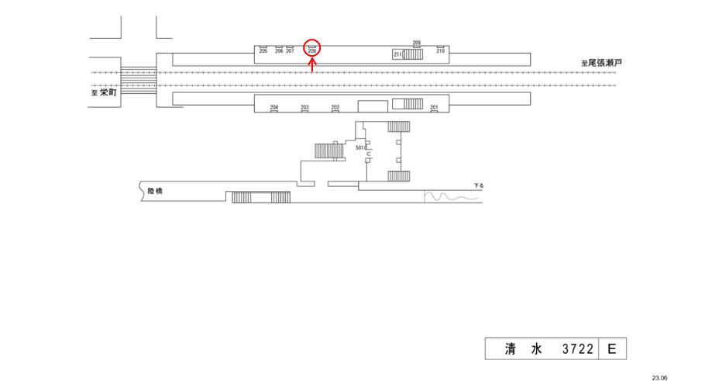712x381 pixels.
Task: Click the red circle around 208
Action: [x=312, y=48]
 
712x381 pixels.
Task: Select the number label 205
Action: [x=263, y=51]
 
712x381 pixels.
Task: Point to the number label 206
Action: [x=280, y=51]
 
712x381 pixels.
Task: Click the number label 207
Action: [x=290, y=51]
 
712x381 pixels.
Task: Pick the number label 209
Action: [x=417, y=42]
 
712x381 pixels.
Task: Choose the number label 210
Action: [x=440, y=51]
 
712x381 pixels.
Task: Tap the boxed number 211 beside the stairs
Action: [x=397, y=54]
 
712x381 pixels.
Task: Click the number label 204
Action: [x=273, y=107]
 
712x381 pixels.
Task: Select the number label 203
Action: [x=304, y=107]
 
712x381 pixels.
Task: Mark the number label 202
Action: [x=335, y=107]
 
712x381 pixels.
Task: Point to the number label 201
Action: [x=434, y=107]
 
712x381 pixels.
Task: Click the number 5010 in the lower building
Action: [x=360, y=147]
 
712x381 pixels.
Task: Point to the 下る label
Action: [x=479, y=186]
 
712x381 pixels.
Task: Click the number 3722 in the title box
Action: [x=577, y=350]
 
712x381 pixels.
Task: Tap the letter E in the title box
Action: [x=611, y=350]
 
